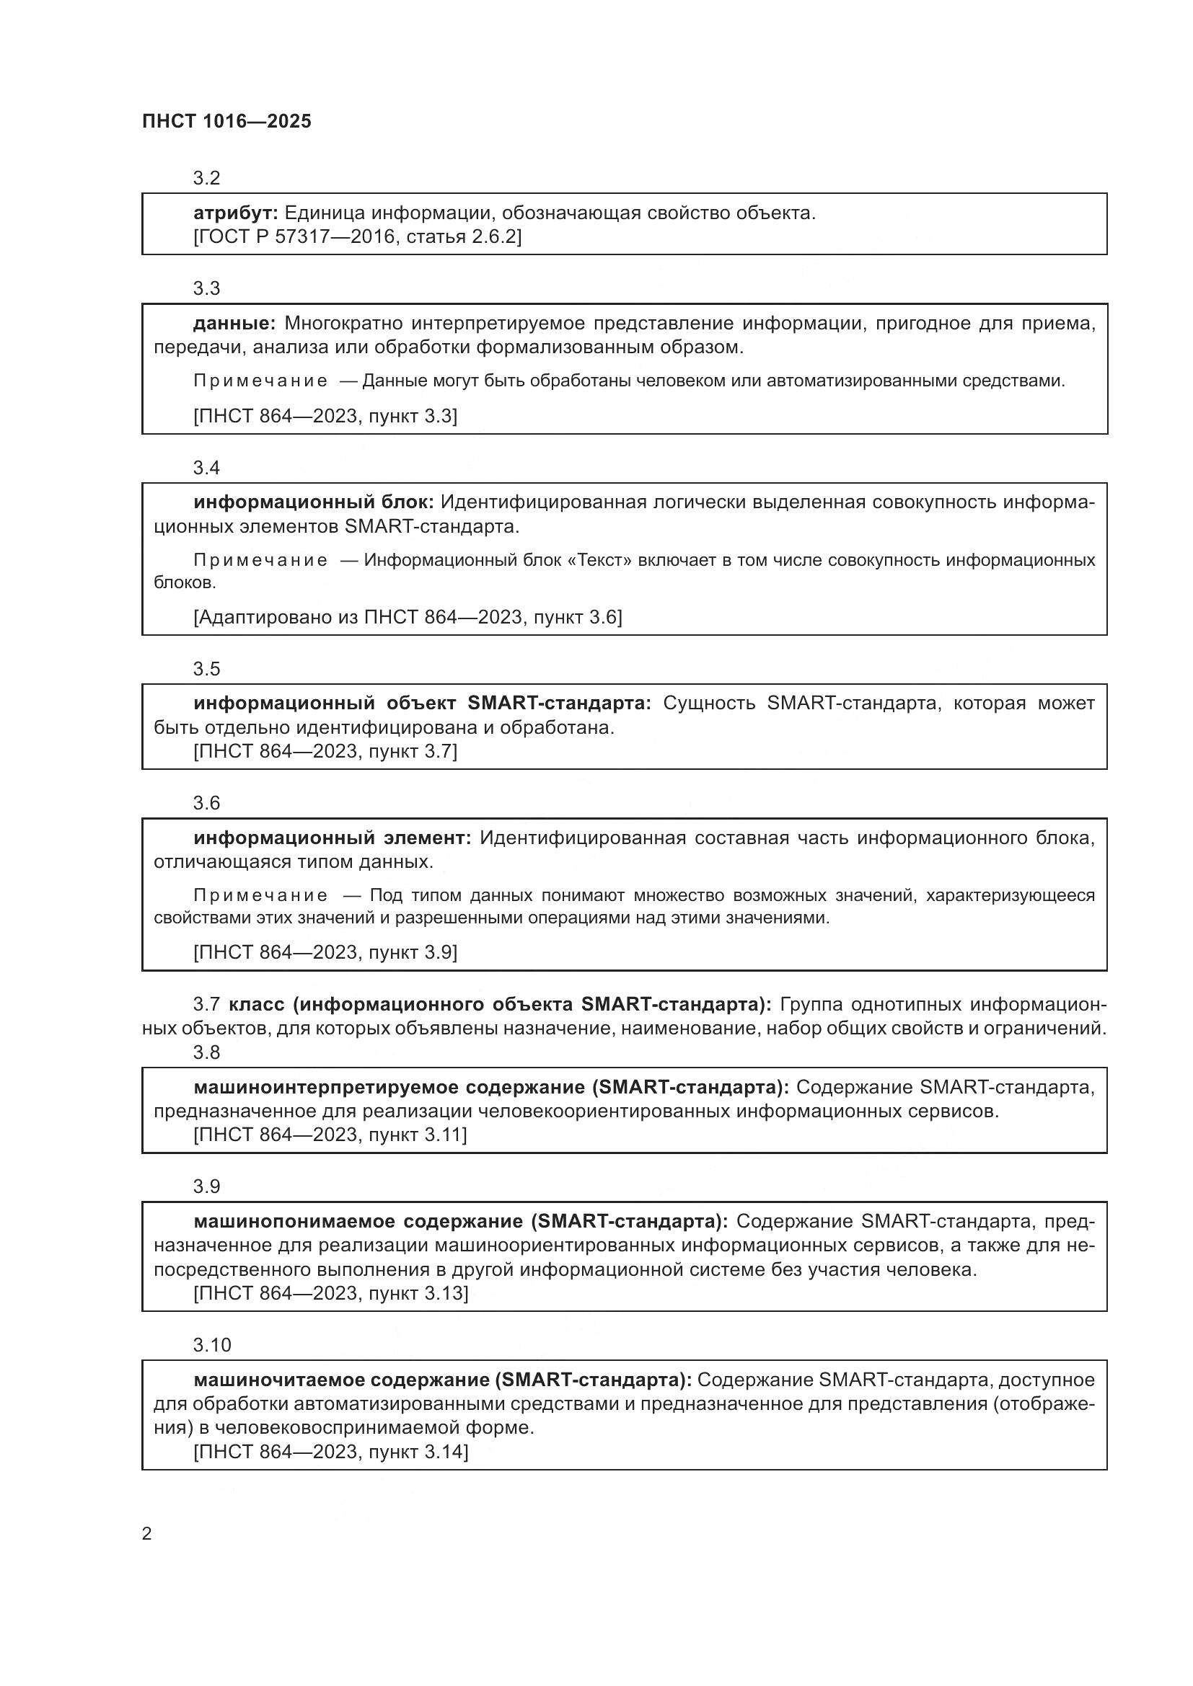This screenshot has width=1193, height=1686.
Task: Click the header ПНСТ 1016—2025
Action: [226, 121]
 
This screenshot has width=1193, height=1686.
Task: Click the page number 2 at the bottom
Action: [146, 1533]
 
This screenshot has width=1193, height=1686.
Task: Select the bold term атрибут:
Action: [235, 213]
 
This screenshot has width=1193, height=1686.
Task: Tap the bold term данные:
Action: [234, 323]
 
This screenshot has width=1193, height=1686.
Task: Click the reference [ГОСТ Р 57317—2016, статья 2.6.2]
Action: [357, 236]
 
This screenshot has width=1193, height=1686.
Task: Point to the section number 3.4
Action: [206, 468]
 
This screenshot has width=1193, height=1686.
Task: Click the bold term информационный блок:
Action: [313, 502]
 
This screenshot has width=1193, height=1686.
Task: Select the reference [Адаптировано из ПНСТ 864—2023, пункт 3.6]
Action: [408, 617]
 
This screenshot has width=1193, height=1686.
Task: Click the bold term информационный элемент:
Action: [332, 838]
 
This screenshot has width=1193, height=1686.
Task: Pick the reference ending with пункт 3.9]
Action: [325, 952]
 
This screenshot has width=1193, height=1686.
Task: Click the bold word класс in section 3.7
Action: [256, 1004]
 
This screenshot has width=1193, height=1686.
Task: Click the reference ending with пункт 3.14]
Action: [330, 1452]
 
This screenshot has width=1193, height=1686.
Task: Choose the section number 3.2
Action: [206, 178]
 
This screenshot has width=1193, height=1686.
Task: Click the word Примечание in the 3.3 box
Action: [260, 381]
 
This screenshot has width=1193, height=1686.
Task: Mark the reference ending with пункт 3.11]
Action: [330, 1135]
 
